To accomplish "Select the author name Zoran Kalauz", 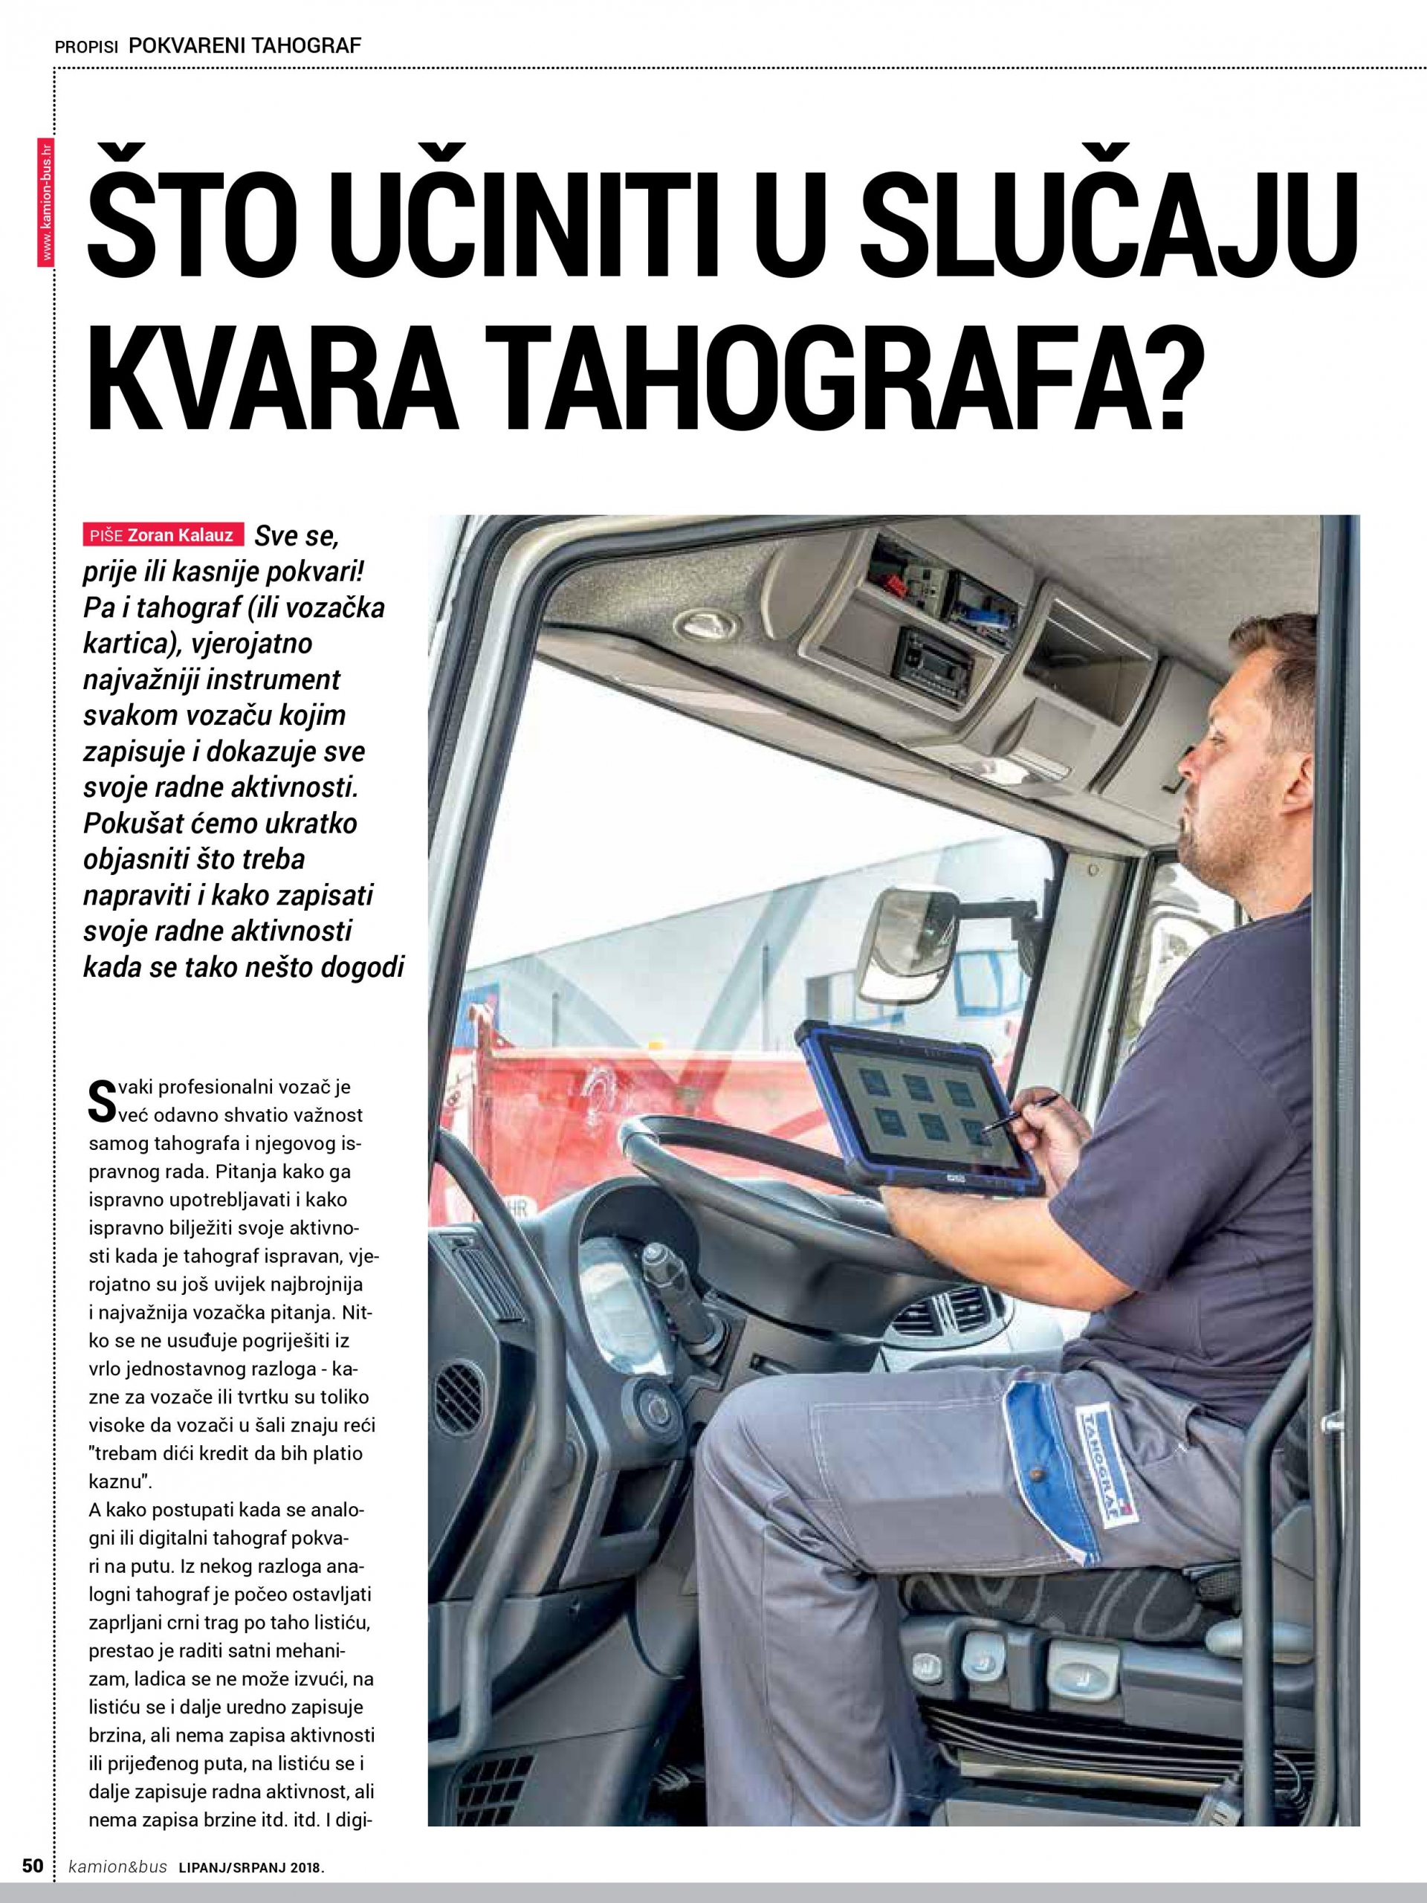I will point(180,535).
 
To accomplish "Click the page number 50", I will point(32,1865).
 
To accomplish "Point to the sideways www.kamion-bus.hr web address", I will point(48,202).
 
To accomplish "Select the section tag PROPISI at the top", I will point(86,48).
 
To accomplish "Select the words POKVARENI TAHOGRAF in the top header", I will point(245,45).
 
